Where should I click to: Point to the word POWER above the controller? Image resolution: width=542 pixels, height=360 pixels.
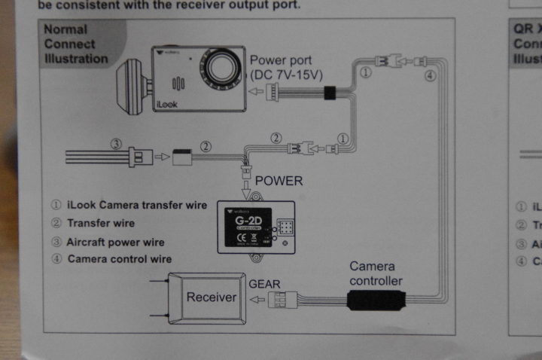[x=279, y=181]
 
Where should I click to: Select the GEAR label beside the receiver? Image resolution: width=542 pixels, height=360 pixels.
[x=264, y=283]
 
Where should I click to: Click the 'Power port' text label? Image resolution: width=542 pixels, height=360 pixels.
[x=280, y=60]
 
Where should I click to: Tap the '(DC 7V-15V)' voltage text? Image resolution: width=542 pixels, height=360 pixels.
[x=285, y=75]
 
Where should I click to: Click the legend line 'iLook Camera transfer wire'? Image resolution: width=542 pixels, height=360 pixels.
[x=128, y=205]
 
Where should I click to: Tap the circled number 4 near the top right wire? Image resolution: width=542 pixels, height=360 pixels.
[x=431, y=75]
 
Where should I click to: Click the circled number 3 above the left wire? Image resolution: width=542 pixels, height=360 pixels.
[x=116, y=144]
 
